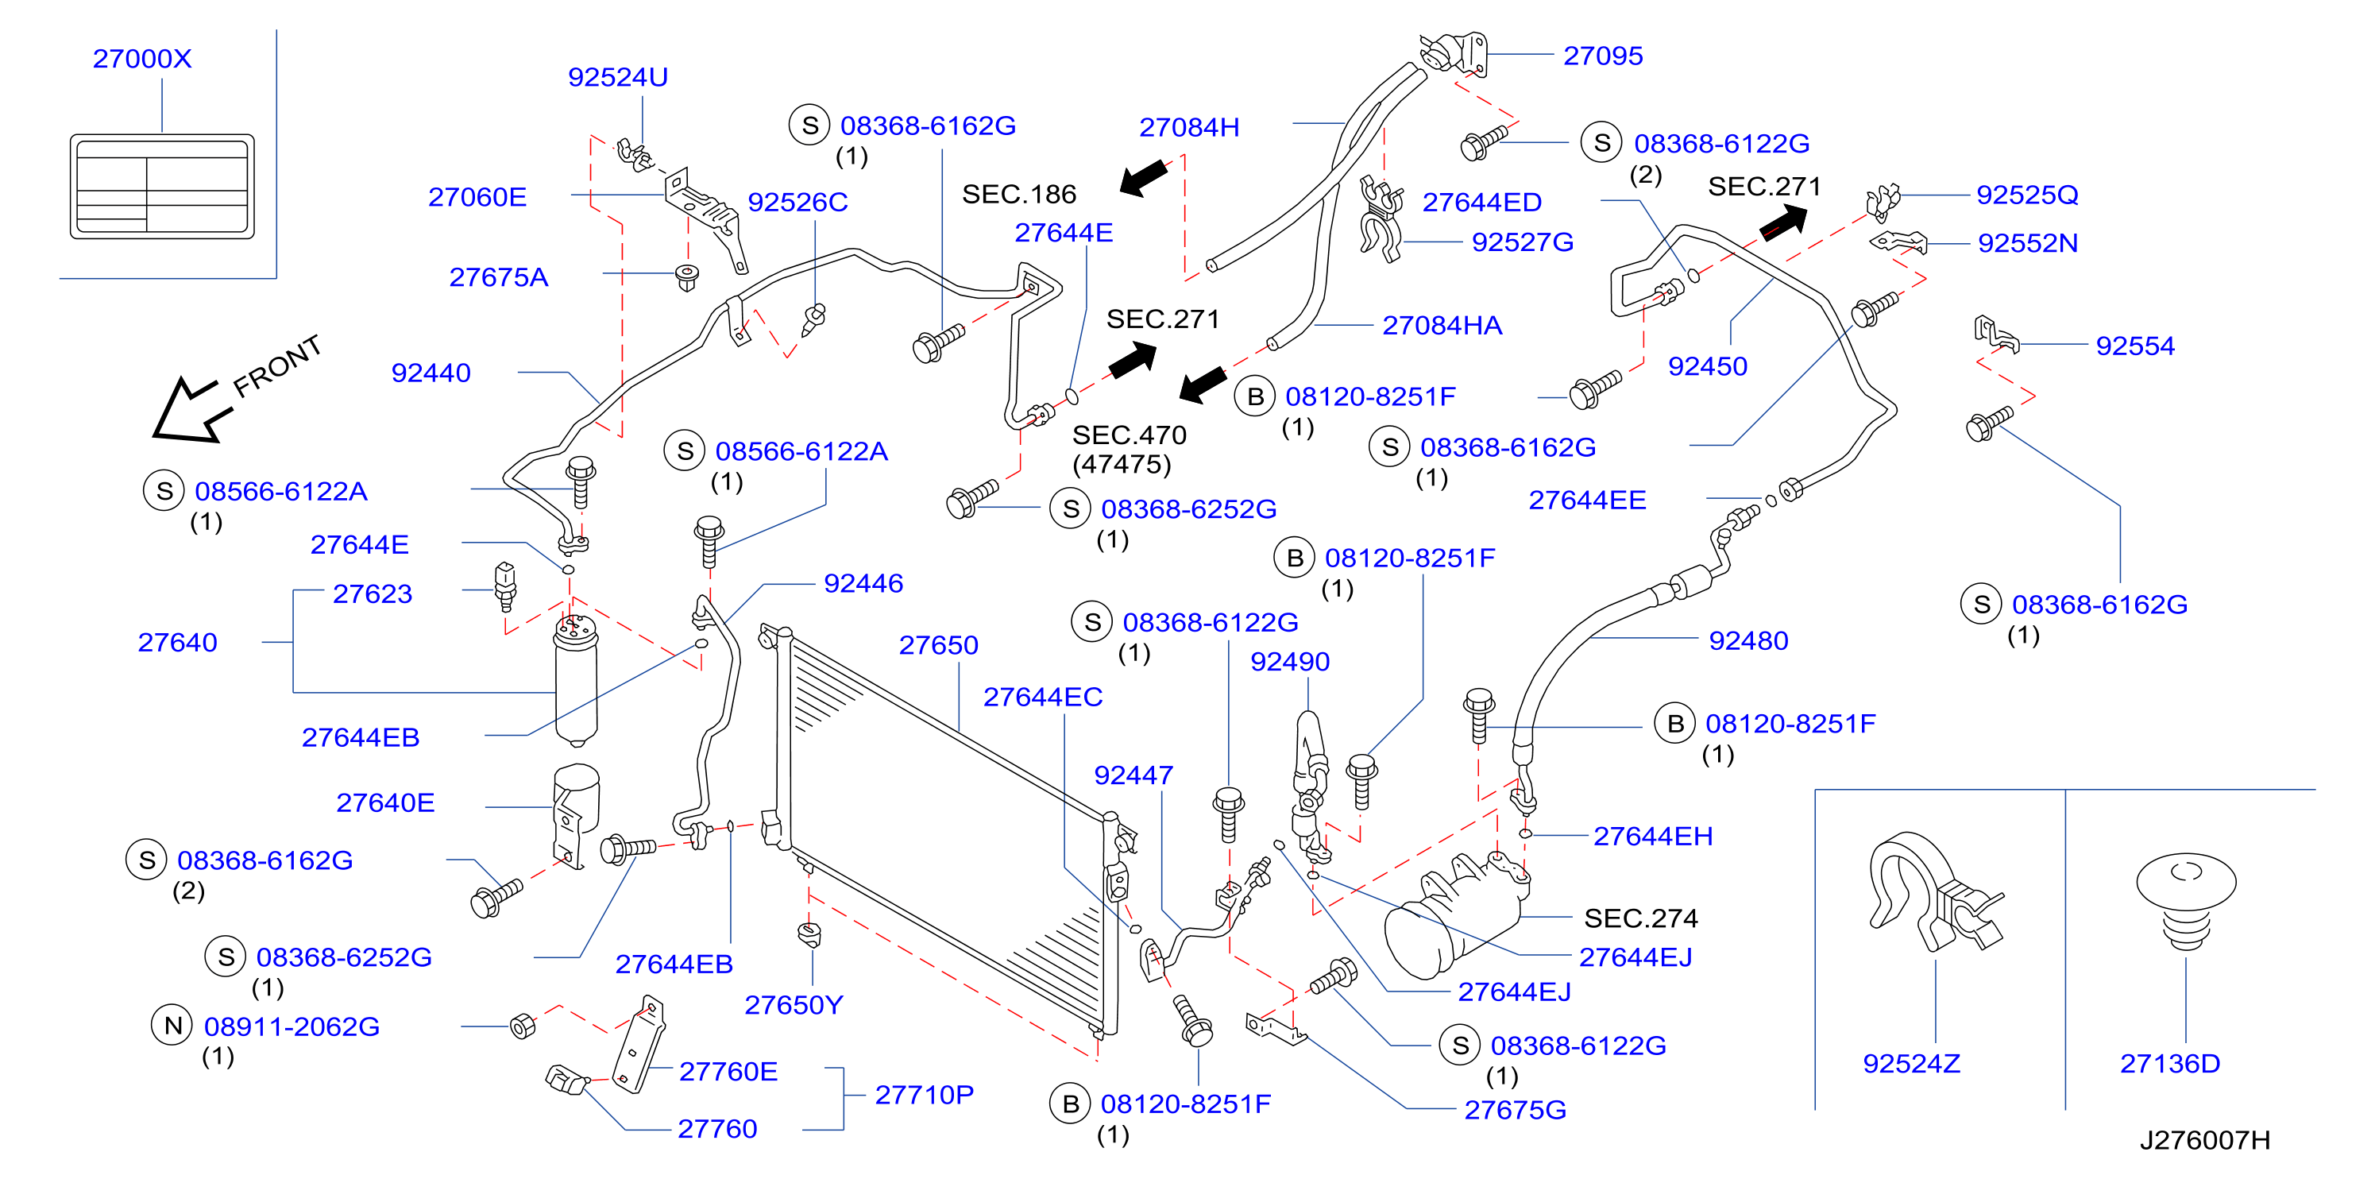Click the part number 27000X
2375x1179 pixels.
point(142,59)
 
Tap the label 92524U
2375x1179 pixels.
point(618,77)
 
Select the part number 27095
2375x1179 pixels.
point(1602,56)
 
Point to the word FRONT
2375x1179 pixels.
point(276,366)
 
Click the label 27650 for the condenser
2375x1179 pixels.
point(939,645)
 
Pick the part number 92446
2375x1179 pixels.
point(863,583)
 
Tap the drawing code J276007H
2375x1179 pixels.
point(2204,1140)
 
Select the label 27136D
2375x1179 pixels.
point(2169,1064)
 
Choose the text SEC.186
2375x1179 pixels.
point(1019,195)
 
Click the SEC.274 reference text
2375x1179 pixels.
point(1640,918)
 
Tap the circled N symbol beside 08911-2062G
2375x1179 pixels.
point(172,1025)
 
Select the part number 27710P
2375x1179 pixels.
point(924,1095)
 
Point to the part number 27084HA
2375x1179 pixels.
point(1442,326)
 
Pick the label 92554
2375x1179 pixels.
point(2134,346)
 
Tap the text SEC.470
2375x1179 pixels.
point(1130,435)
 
